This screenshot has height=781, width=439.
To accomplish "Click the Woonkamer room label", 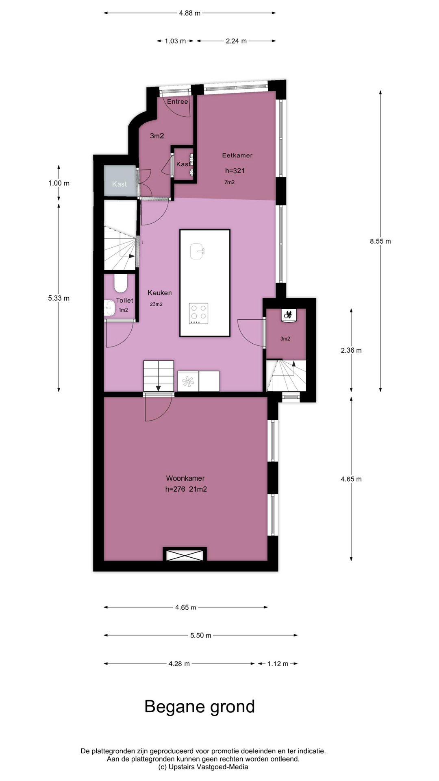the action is click(x=185, y=478).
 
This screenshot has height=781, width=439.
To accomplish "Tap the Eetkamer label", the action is click(x=237, y=155).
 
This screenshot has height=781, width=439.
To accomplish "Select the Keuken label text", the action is click(x=159, y=292).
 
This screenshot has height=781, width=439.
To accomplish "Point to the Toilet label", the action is click(x=124, y=300).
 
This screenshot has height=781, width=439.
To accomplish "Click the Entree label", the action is click(x=178, y=102).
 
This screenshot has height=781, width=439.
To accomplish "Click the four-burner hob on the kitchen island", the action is click(x=198, y=313).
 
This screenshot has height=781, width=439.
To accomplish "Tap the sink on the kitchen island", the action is click(x=197, y=251).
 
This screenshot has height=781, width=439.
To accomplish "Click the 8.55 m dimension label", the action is click(x=380, y=241).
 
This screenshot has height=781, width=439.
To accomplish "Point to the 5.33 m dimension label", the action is click(x=59, y=298).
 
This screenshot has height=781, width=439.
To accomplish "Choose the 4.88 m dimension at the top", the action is click(x=190, y=13).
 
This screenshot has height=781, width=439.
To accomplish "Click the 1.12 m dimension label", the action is click(x=278, y=664).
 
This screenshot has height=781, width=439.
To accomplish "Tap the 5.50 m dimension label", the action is click(x=201, y=635).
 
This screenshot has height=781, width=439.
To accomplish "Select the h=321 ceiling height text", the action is click(x=235, y=171).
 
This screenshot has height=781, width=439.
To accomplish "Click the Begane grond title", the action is click(x=200, y=707).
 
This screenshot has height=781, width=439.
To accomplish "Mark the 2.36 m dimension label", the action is click(x=351, y=350).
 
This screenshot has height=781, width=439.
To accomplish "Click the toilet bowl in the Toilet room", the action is click(x=121, y=284).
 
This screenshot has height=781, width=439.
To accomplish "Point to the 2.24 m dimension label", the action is click(x=236, y=41).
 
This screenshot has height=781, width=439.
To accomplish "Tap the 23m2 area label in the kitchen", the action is click(x=156, y=304).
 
